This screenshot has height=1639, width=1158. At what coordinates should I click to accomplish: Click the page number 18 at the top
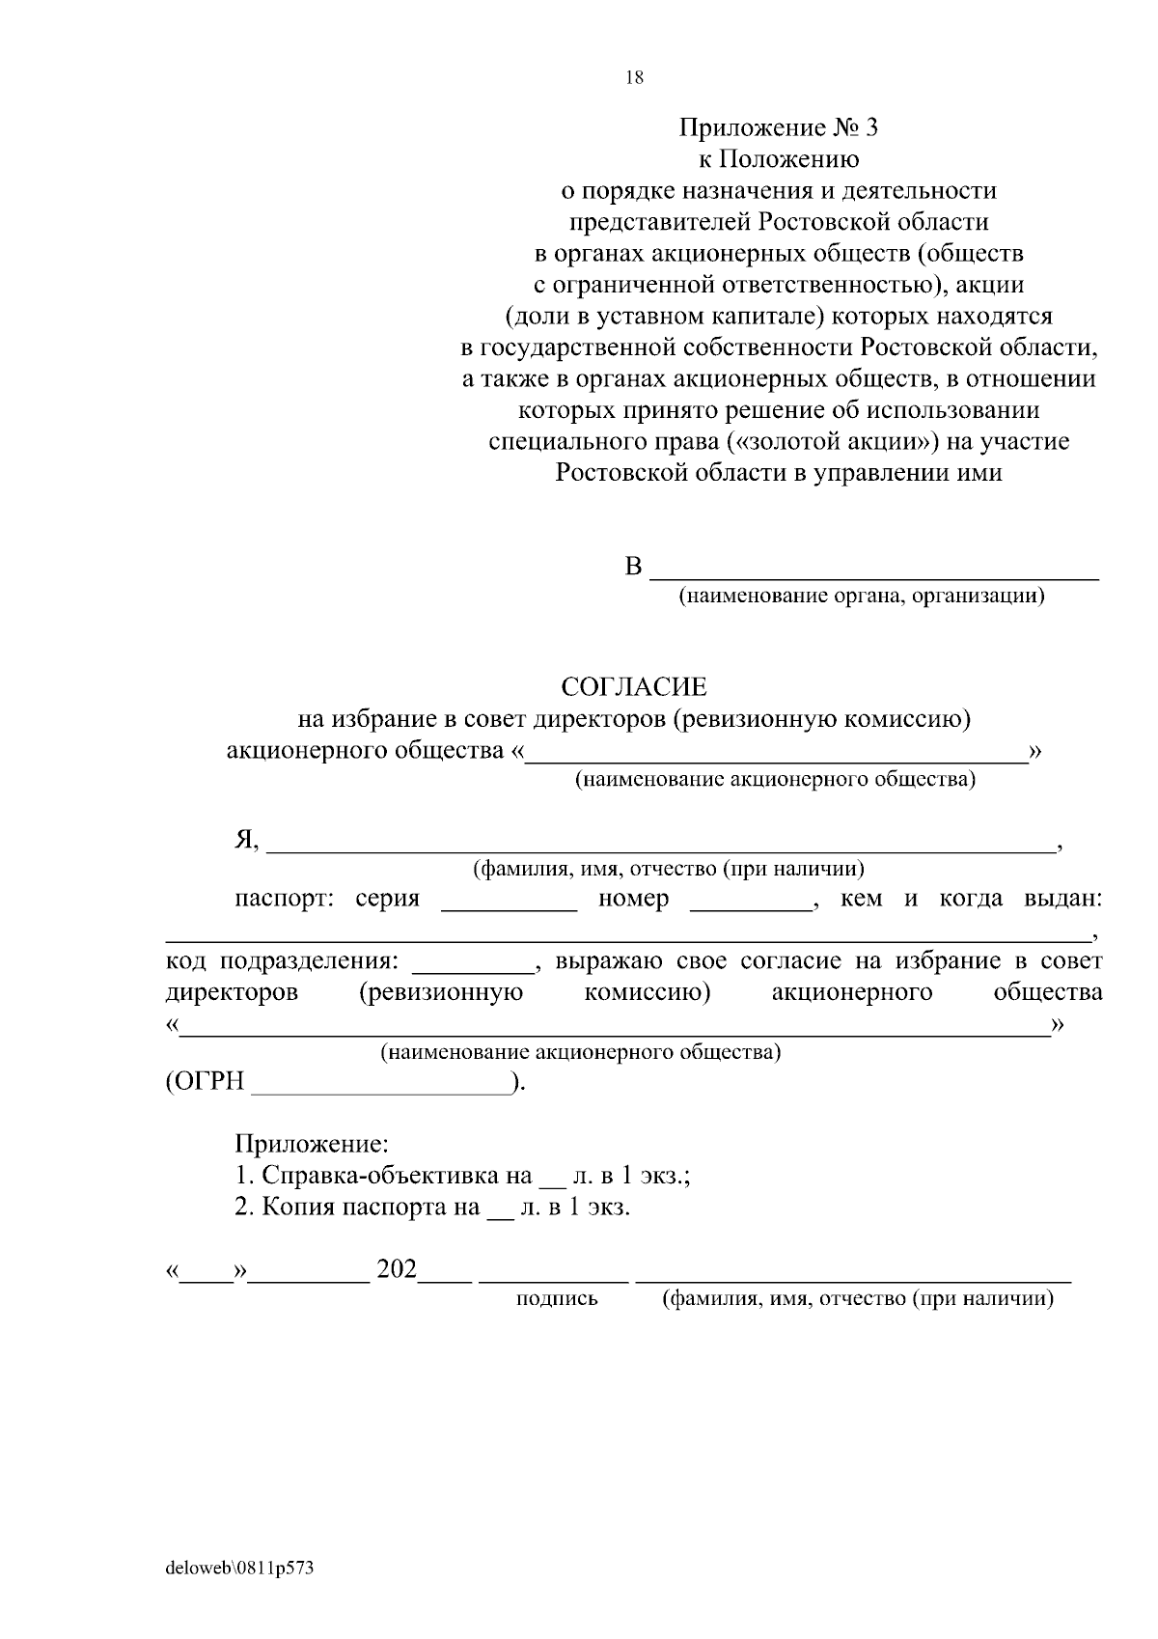[634, 79]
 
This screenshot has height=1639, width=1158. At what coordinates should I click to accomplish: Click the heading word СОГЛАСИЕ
[634, 687]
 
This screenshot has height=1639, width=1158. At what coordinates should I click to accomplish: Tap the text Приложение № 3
[779, 127]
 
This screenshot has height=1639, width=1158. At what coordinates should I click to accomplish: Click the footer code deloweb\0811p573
[240, 1569]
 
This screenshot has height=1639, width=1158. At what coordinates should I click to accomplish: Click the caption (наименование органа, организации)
[862, 597]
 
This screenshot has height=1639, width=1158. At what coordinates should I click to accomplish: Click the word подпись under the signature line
[557, 1299]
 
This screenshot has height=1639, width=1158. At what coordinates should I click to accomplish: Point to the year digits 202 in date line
[397, 1269]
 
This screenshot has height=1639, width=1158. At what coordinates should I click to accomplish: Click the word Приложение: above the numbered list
[312, 1145]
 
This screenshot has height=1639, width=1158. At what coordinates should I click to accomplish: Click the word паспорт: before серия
[284, 899]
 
